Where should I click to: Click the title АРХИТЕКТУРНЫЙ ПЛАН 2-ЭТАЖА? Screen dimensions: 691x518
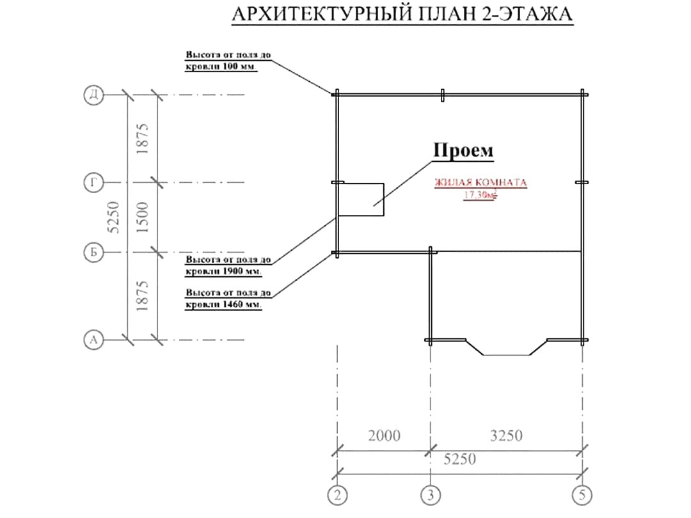402,14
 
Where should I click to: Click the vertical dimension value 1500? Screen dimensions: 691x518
143,217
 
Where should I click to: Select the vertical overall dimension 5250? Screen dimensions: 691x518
113,217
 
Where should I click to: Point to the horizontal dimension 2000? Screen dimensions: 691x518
385,436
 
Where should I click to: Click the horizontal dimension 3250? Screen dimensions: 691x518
506,436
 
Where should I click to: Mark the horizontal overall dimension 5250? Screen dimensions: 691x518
459,459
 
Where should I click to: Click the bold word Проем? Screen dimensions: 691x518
463,150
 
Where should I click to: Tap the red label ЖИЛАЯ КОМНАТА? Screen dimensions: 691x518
481,182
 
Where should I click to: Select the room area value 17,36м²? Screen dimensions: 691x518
479,194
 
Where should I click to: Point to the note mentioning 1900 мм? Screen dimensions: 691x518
228,265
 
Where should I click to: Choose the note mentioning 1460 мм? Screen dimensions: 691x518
228,299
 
